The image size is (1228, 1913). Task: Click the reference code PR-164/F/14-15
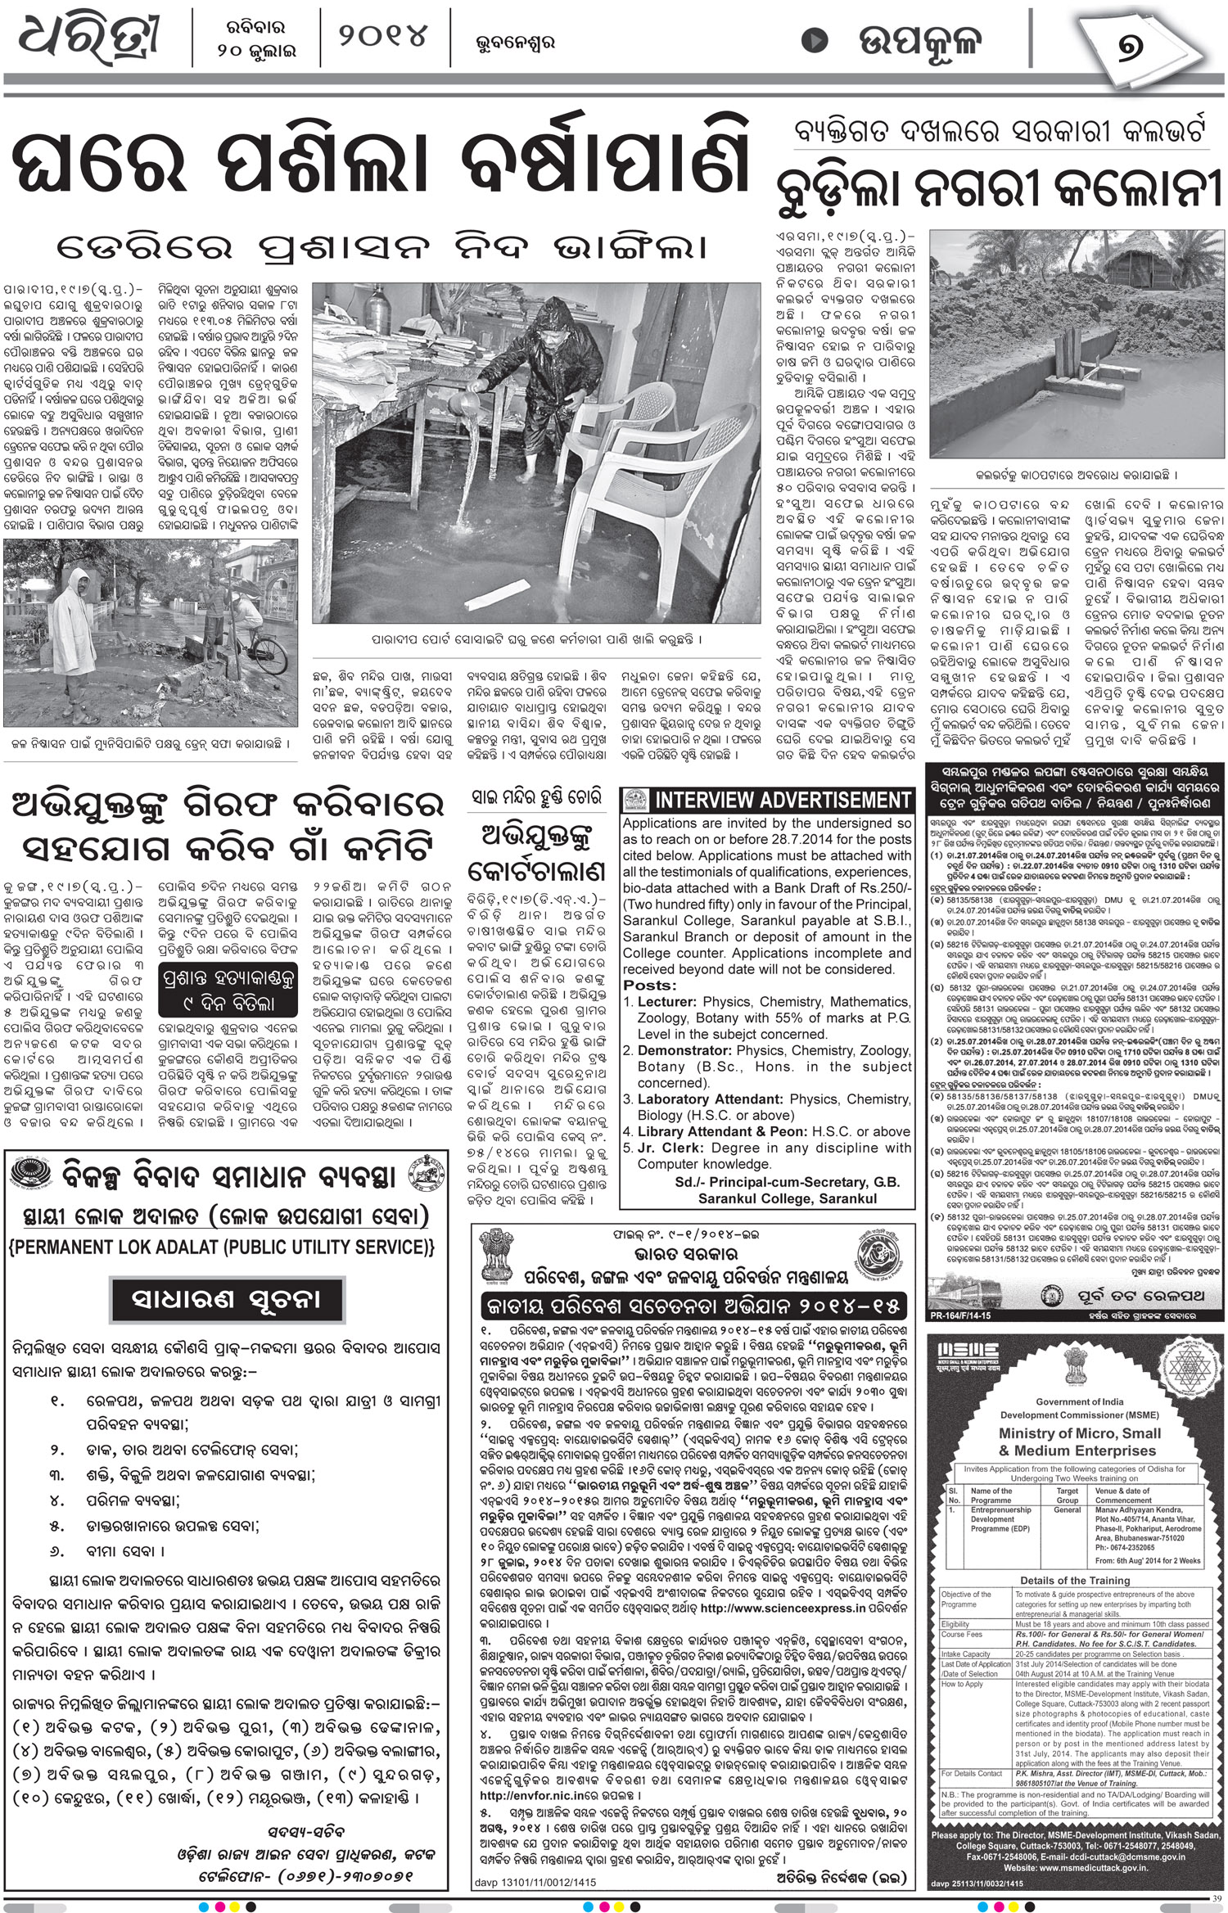tap(960, 1315)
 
